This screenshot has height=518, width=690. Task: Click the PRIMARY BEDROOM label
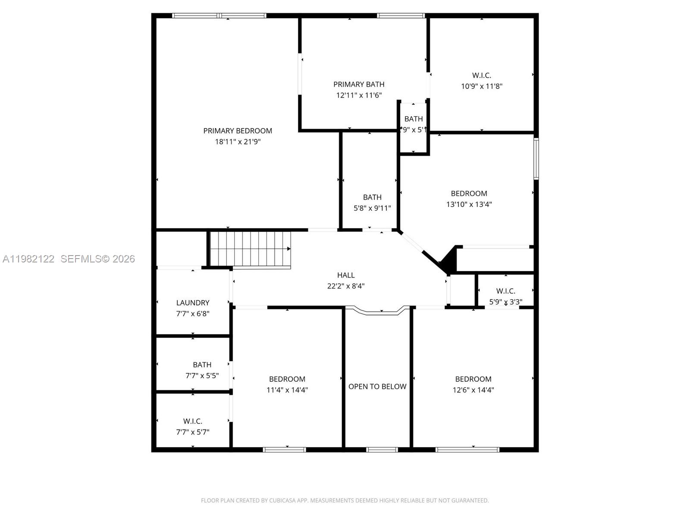click(238, 131)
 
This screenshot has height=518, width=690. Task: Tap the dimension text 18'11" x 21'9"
click(238, 142)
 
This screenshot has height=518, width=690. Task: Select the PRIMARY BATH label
click(359, 84)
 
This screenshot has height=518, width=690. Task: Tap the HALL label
click(346, 275)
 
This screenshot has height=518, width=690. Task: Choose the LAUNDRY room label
click(193, 303)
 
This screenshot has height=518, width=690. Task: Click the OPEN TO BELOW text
click(377, 386)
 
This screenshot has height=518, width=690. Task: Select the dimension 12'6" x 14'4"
click(473, 390)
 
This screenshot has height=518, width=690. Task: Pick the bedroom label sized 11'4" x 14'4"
click(287, 379)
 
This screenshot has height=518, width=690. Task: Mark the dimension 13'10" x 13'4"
click(469, 204)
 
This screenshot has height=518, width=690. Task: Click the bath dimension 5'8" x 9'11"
click(372, 208)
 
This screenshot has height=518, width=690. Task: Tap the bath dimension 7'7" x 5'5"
click(202, 376)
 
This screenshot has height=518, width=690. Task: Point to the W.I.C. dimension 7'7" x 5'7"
click(193, 432)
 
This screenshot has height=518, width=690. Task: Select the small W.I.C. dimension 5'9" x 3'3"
click(505, 302)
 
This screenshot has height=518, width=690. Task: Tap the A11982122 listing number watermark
click(28, 259)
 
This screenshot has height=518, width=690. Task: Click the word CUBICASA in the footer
click(281, 500)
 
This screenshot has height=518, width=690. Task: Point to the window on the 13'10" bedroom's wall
click(536, 158)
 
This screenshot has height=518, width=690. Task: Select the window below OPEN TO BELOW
click(382, 450)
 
